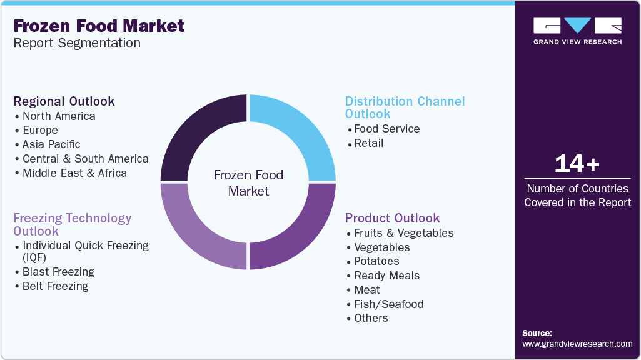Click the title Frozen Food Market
click(99, 26)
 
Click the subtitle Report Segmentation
click(77, 43)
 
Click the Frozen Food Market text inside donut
click(248, 183)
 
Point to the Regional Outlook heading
click(64, 101)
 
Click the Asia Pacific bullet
click(51, 144)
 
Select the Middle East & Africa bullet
click(74, 173)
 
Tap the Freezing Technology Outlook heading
click(73, 224)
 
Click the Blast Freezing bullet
click(58, 272)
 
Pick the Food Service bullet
click(386, 129)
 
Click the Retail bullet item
click(368, 143)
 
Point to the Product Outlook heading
click(392, 218)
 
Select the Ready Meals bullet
click(386, 276)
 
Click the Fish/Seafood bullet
click(388, 304)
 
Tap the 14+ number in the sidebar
click(577, 164)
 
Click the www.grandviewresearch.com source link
click(577, 344)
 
